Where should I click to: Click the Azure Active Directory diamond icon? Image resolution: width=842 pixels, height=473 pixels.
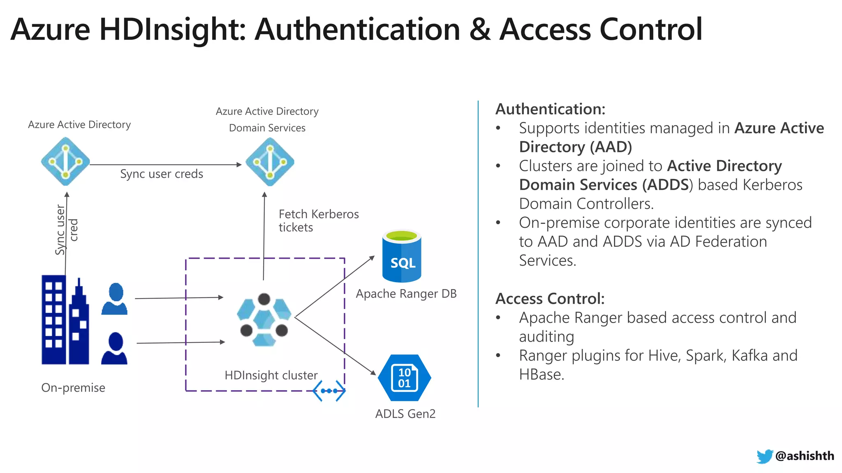coord(65,161)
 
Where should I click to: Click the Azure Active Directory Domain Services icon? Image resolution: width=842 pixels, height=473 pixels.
coord(270,161)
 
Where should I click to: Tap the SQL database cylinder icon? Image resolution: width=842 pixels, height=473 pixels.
coord(402,257)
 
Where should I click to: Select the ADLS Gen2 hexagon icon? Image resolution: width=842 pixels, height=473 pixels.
coord(404,378)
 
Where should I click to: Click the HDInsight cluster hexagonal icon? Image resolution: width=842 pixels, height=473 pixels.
coord(264,320)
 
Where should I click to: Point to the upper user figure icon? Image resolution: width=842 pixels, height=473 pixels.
coord(115,299)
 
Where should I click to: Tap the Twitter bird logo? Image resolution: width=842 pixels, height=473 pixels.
coord(764,456)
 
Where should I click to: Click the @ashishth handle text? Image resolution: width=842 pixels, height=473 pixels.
coord(805,456)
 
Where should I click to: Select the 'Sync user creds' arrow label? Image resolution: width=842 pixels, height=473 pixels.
coord(162,174)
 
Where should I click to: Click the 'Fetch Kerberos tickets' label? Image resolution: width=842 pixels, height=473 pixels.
coord(318,220)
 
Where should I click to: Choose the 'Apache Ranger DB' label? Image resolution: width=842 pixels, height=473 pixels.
coord(406,294)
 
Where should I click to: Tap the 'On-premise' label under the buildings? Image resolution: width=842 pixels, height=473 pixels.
coord(73,388)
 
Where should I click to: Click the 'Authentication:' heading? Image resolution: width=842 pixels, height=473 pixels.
coord(550,109)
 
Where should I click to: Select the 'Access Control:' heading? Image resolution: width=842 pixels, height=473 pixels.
coord(550,299)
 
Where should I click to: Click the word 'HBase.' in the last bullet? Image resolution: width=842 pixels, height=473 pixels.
coord(541,374)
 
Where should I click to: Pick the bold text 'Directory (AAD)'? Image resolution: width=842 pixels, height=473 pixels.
coord(575,147)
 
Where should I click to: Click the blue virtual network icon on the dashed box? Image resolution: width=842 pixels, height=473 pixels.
coord(329,390)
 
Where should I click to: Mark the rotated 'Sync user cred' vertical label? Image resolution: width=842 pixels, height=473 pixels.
coord(66,230)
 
